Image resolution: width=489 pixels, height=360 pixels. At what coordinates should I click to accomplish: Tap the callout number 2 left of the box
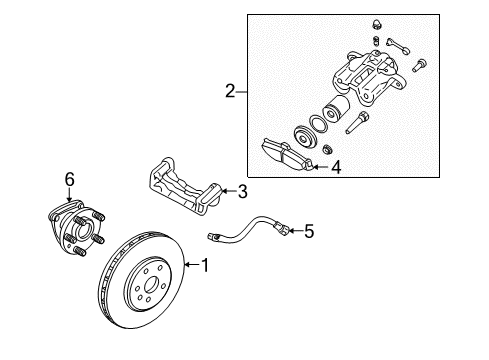pos(231,93)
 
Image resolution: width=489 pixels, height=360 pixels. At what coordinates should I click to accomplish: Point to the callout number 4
pos(336,169)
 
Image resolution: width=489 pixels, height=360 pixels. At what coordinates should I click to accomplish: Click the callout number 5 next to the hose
pos(309,232)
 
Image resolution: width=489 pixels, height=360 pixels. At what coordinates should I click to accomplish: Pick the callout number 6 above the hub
pos(70,179)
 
